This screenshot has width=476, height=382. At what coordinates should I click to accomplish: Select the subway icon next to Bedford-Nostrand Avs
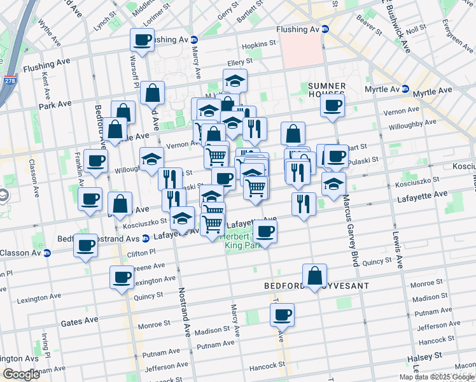coord(145,239)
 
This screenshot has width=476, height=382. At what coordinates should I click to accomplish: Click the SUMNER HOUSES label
coord(326,91)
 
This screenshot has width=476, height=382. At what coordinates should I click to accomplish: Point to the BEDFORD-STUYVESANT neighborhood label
coord(316,286)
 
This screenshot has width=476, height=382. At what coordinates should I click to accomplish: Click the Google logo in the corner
coord(20,374)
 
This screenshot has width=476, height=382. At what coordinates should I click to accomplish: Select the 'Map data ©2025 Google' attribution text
coord(437,377)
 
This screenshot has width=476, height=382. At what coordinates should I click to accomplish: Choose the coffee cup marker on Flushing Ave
coord(142,39)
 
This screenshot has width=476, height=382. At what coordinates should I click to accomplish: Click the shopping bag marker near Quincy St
coord(314,275)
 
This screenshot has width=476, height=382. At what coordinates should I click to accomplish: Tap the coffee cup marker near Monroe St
coord(282,313)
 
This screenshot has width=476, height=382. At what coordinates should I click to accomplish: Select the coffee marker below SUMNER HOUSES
coord(332,106)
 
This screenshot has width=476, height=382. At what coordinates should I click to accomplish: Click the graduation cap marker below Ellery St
coord(235,81)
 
